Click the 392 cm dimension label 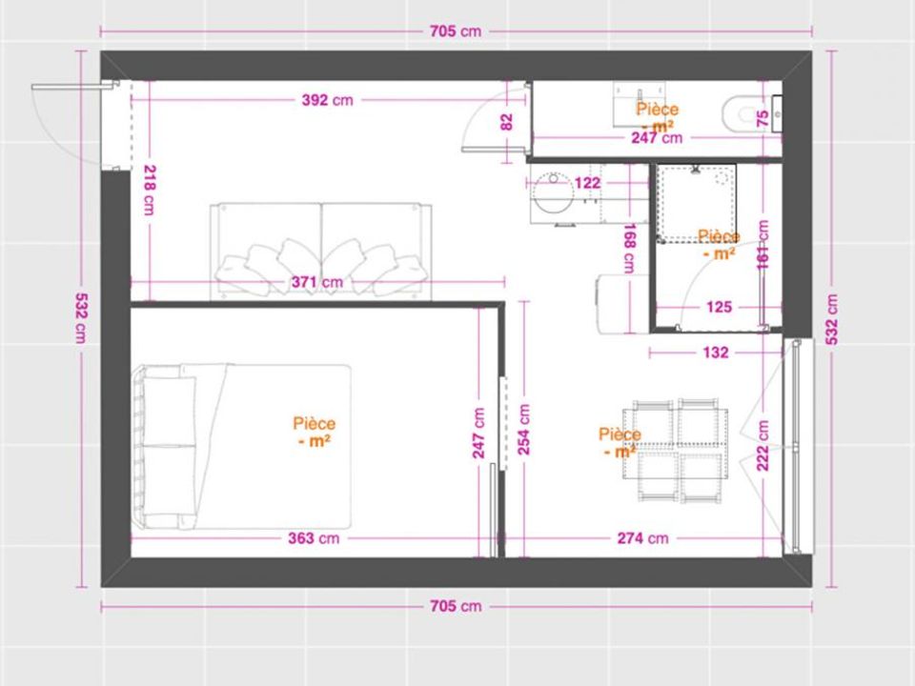327,100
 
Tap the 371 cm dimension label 317,282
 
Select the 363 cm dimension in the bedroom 314,537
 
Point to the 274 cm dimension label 642,537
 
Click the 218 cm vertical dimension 150,191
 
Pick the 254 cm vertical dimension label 524,430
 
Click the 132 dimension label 716,353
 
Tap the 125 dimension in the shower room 719,307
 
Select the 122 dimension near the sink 587,183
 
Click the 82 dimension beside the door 506,122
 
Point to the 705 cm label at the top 456,30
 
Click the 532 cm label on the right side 831,319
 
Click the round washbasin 552,192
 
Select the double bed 241,447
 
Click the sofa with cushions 320,252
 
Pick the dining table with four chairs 675,451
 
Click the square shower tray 696,203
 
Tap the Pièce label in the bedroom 314,423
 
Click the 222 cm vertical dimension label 762,445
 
